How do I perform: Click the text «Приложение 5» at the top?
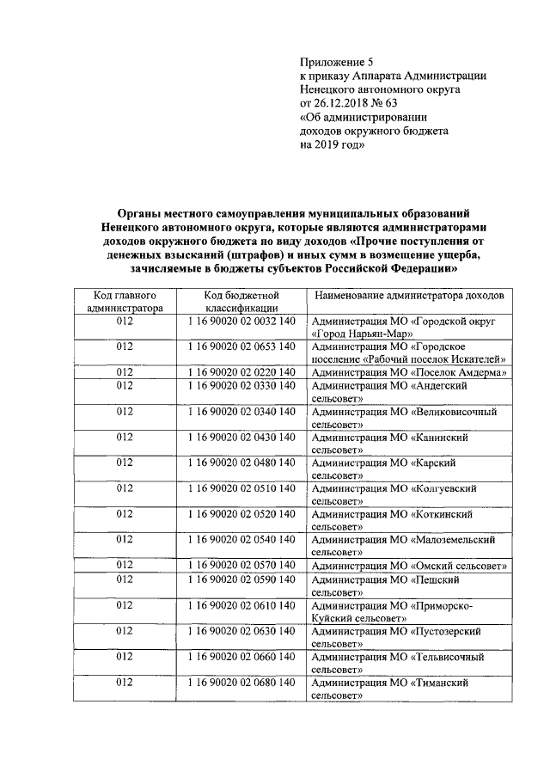point(337,62)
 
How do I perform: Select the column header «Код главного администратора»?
point(124,302)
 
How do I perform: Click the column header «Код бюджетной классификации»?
point(241,302)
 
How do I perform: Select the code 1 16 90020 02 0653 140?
point(241,346)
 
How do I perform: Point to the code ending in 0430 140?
point(241,438)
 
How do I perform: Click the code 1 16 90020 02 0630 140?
point(241,631)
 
